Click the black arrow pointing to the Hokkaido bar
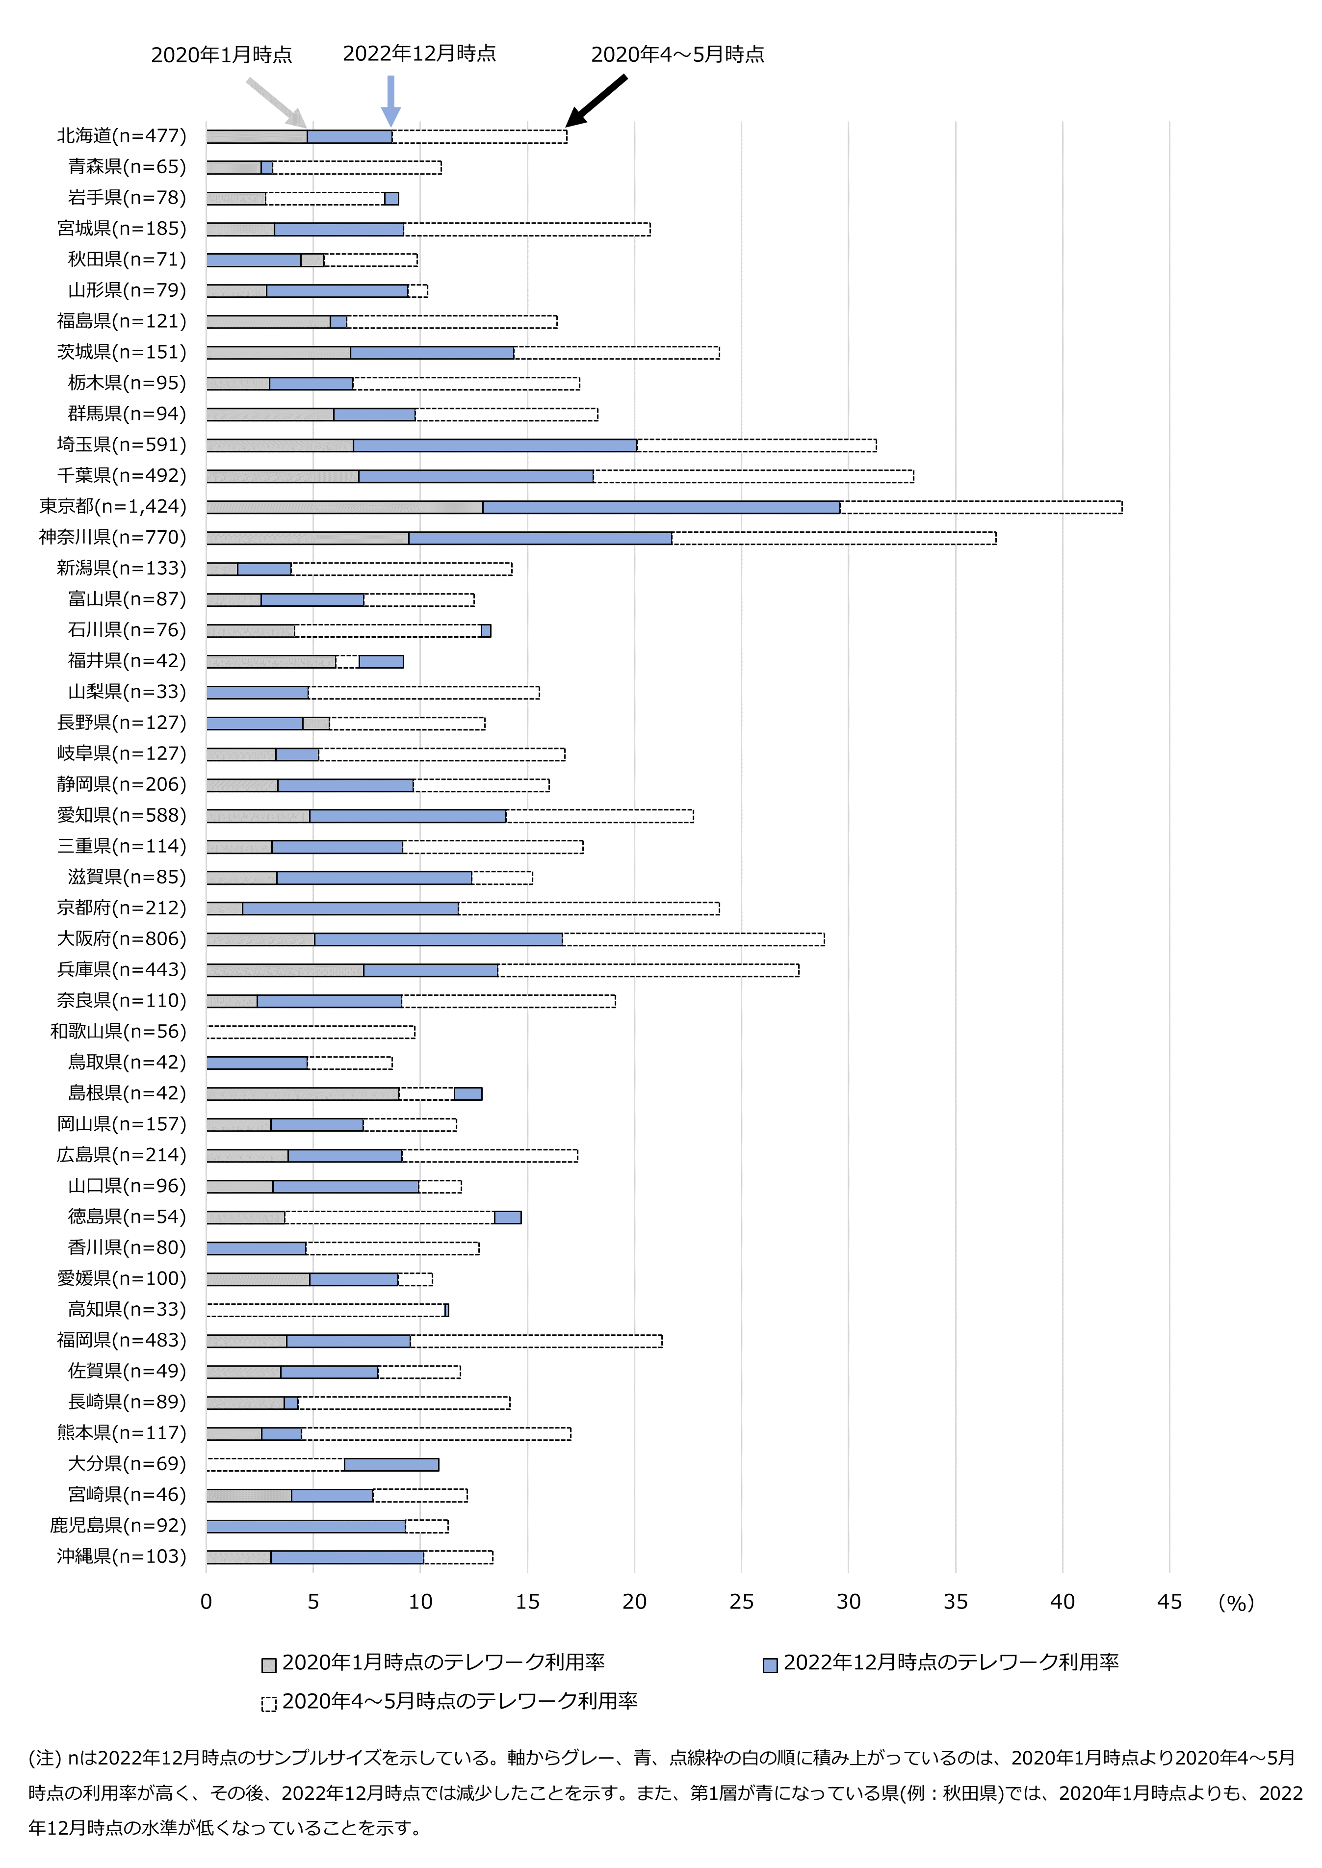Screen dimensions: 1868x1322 point(596,101)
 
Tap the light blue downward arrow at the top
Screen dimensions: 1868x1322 point(391,99)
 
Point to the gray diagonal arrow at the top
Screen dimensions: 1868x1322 point(276,102)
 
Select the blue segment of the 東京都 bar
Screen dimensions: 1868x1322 point(661,507)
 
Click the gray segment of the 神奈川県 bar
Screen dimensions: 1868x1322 point(307,538)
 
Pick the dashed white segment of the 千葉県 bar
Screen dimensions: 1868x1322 point(753,476)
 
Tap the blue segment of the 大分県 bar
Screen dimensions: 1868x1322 point(391,1464)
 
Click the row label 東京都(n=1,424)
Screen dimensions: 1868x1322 point(112,506)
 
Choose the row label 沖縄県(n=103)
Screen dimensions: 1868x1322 point(121,1557)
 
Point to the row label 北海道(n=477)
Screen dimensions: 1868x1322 point(121,136)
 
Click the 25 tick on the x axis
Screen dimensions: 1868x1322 point(741,1602)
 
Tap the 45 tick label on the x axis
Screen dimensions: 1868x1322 point(1169,1602)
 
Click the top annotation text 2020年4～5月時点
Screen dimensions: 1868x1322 point(677,54)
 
